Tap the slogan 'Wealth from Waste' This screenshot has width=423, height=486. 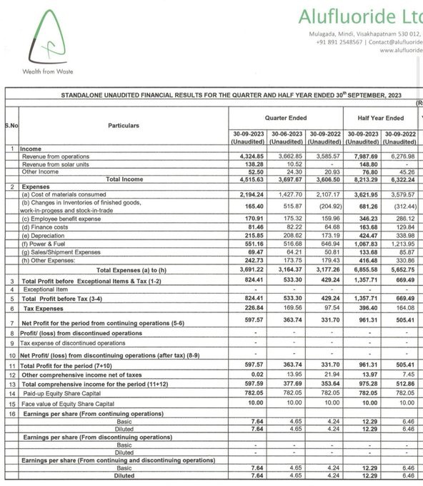(x=48, y=71)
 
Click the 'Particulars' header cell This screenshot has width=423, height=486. (x=124, y=125)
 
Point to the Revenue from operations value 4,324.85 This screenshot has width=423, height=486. (x=249, y=156)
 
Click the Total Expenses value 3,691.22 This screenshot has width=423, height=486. (x=249, y=271)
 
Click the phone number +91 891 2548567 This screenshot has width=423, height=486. (x=339, y=42)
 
